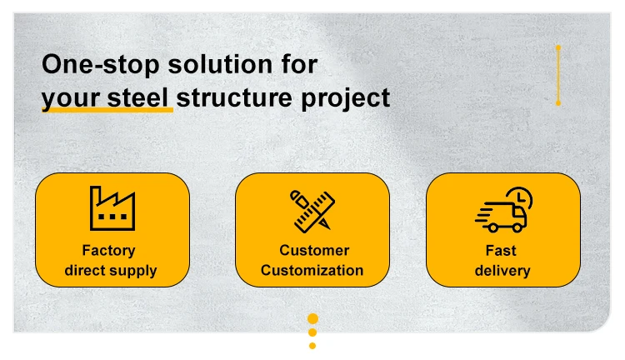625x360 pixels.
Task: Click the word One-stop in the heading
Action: click(x=101, y=65)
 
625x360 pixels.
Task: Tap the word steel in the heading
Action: click(x=137, y=97)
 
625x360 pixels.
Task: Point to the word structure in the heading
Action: click(x=235, y=97)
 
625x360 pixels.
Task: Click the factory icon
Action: click(x=112, y=208)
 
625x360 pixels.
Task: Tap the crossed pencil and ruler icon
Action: click(x=312, y=211)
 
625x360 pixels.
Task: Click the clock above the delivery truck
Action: click(x=520, y=197)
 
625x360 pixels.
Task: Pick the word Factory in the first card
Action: click(x=108, y=250)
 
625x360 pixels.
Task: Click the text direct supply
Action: click(x=110, y=271)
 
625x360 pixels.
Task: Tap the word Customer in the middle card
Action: click(x=314, y=250)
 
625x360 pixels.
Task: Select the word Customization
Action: click(x=312, y=270)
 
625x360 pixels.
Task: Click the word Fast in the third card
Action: click(x=501, y=251)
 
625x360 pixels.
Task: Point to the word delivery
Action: click(x=502, y=271)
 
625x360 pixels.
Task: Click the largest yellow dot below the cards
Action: click(x=312, y=318)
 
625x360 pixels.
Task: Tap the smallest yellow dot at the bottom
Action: click(x=312, y=346)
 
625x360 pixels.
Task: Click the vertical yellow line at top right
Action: click(x=558, y=75)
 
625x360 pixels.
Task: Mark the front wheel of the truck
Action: click(x=517, y=228)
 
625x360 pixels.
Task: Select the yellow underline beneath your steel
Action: click(x=107, y=109)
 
